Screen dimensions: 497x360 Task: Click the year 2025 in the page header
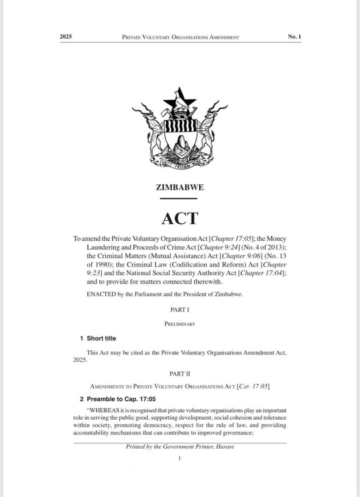[66, 37]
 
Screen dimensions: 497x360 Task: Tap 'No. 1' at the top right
[295, 36]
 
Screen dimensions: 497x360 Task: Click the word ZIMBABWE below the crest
[180, 187]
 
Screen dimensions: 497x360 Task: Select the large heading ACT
[180, 218]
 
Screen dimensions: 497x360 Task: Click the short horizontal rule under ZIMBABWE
[179, 198]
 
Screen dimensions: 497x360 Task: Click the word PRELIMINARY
[180, 324]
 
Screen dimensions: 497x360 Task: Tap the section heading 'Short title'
[101, 339]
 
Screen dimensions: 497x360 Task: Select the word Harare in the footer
[224, 447]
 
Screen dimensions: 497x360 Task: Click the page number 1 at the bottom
[180, 458]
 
